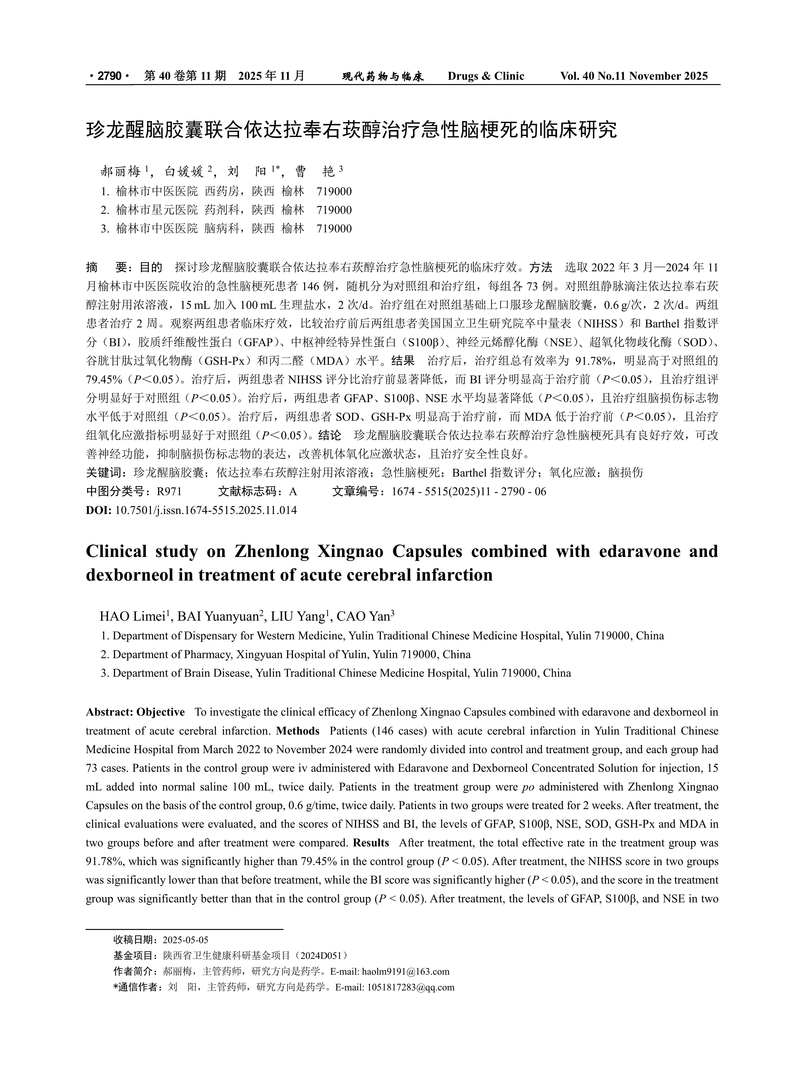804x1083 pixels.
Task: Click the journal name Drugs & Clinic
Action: point(486,76)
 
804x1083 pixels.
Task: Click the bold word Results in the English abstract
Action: point(371,843)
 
